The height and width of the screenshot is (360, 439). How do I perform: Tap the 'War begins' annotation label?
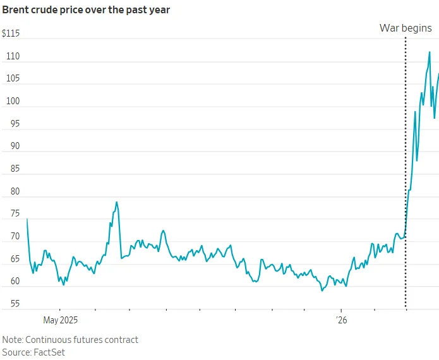(x=405, y=28)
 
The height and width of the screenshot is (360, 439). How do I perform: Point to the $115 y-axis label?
(x=11, y=33)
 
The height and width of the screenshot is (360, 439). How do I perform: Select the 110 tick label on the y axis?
(x=13, y=56)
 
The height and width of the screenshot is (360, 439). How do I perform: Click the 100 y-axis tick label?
(x=13, y=101)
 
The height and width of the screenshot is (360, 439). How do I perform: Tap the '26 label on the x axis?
(x=341, y=320)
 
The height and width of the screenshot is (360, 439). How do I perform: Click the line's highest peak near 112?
(x=430, y=52)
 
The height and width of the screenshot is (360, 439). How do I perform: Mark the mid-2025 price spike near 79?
(x=117, y=202)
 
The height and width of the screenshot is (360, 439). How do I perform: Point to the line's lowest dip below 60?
(x=322, y=291)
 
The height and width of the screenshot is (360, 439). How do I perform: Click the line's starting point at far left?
(x=27, y=219)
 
